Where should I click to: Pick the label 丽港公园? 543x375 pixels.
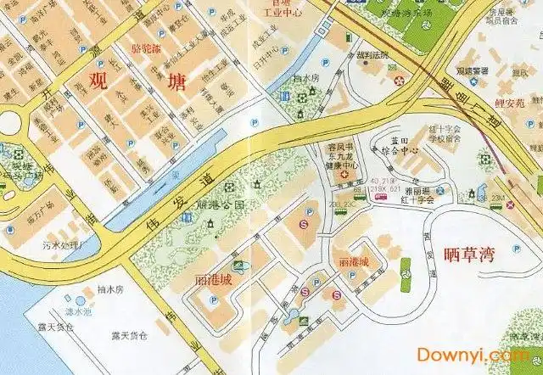pyautogui.click(x=220, y=205)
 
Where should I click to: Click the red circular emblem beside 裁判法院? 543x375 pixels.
pyautogui.click(x=399, y=80)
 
